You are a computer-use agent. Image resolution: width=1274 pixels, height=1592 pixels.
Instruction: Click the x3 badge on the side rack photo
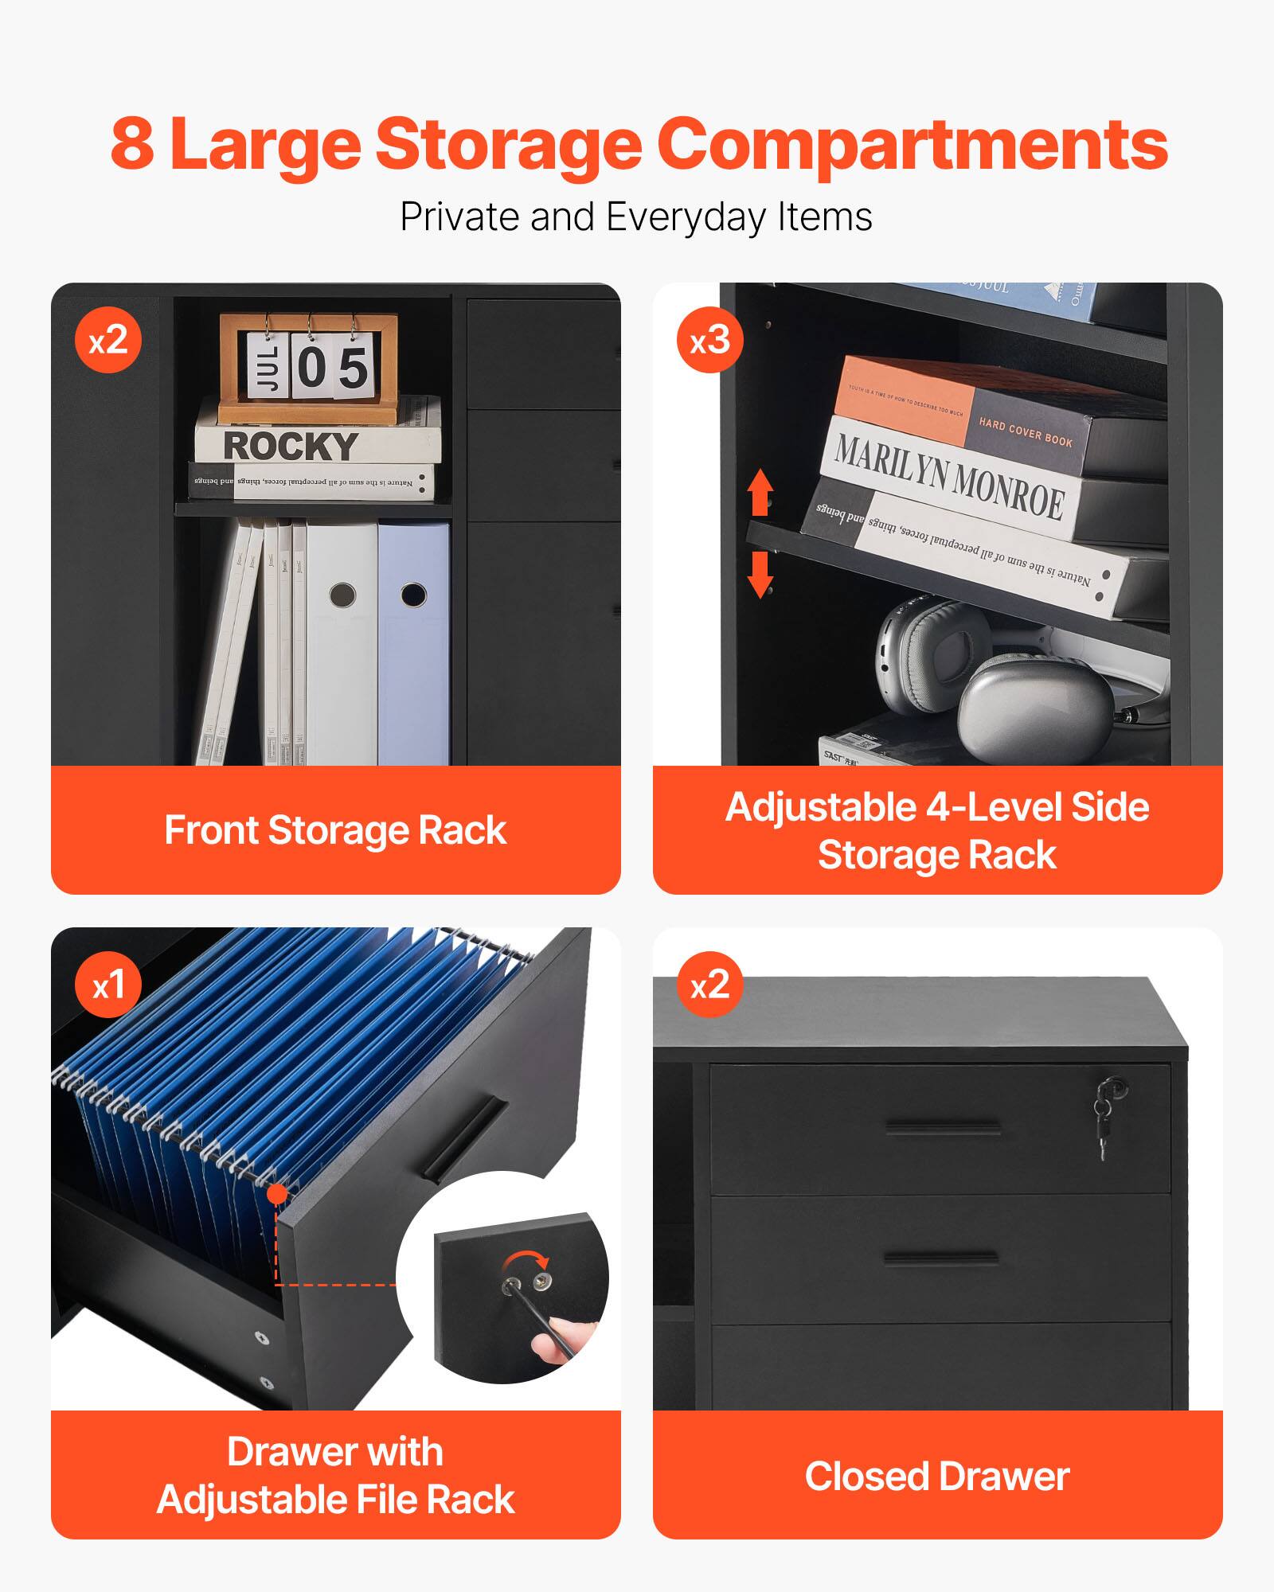[709, 341]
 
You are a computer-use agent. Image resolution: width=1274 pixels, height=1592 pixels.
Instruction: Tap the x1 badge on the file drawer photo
[108, 985]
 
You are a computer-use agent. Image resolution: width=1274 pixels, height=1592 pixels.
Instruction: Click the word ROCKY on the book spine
[291, 446]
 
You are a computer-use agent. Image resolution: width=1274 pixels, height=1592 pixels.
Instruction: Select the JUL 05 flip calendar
[308, 367]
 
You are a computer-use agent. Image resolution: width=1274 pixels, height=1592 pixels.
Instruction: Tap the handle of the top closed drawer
[943, 1127]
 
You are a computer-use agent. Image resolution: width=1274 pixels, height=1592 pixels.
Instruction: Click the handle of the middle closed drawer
[940, 1258]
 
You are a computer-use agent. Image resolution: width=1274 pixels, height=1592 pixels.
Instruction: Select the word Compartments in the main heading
[912, 144]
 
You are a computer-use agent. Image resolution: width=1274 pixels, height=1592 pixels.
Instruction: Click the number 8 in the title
[132, 144]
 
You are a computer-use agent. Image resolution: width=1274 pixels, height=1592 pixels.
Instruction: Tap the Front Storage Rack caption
[335, 830]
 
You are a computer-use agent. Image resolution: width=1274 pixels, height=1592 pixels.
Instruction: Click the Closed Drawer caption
[937, 1477]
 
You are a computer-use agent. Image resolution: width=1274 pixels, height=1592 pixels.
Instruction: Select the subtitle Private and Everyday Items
[635, 217]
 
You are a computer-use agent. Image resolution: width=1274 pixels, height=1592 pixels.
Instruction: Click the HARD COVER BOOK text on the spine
[1026, 432]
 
